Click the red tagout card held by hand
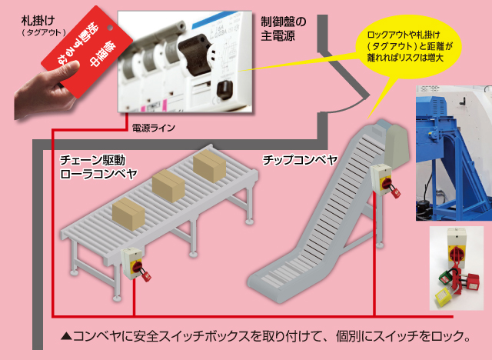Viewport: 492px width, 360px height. [76, 58]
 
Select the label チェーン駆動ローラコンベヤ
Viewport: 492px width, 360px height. [99, 167]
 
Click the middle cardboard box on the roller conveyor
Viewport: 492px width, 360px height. [171, 185]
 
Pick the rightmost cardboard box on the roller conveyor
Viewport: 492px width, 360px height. [208, 165]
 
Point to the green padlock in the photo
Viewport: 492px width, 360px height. [447, 275]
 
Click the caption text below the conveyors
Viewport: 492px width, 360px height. [270, 336]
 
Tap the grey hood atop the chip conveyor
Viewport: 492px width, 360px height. [396, 141]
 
